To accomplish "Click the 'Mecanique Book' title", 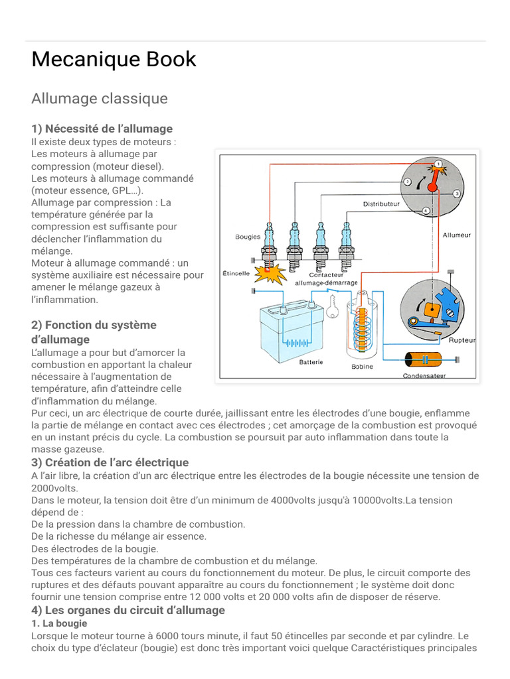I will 114,60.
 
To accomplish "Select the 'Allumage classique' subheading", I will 100,99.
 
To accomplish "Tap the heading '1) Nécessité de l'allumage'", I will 102,129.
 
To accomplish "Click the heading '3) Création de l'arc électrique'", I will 110,462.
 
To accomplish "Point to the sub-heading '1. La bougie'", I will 59,623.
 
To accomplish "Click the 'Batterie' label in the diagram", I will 311,362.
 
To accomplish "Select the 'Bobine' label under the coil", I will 362,367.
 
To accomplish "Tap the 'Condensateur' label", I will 424,375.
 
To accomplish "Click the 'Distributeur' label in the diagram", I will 381,204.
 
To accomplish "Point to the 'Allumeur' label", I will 456,235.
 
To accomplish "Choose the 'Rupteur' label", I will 462,340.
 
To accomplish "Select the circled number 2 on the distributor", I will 406,182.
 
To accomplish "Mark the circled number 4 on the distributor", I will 426,210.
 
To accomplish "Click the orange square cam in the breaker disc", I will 429,308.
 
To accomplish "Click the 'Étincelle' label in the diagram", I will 236,273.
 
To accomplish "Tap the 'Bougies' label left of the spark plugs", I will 248,237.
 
